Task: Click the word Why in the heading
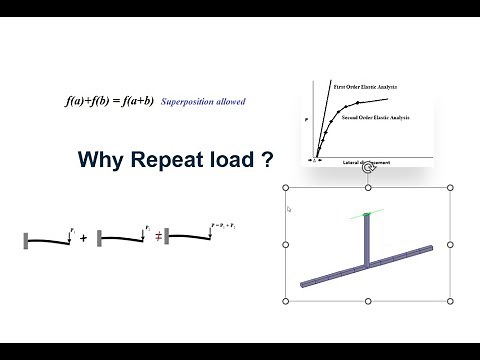point(100,160)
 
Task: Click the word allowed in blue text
point(232,102)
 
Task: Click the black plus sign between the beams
point(84,240)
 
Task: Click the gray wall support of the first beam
point(26,240)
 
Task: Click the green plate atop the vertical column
point(368,214)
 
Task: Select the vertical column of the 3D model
point(368,241)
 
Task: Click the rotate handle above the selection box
point(368,170)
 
